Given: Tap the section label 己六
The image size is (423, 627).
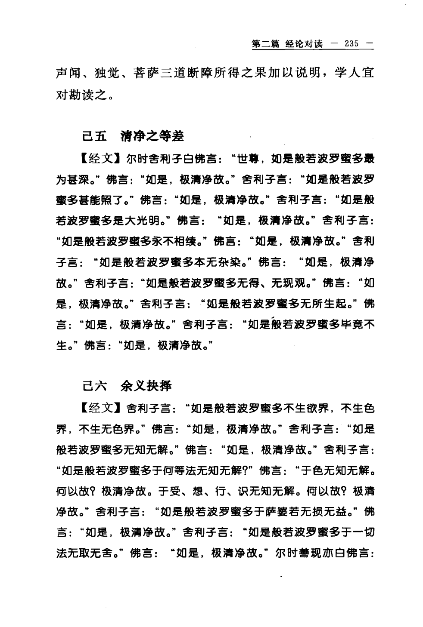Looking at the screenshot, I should click(x=93, y=385).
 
